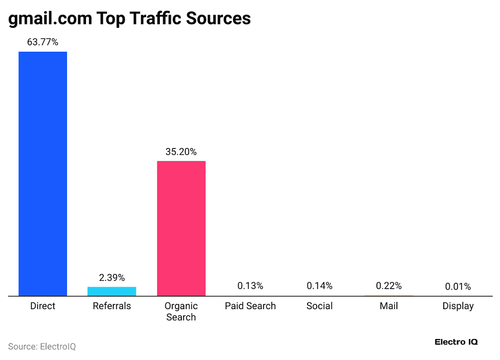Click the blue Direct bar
(x=43, y=173)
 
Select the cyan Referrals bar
(x=112, y=291)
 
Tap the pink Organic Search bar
(x=181, y=228)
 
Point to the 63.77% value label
(x=43, y=42)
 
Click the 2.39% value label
(x=112, y=277)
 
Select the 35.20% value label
(x=181, y=152)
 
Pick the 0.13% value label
(x=250, y=286)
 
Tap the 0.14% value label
(x=320, y=286)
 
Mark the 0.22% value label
(x=389, y=286)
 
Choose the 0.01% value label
(x=458, y=287)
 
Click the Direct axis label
(x=43, y=306)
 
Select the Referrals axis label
(x=112, y=306)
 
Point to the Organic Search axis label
(x=181, y=312)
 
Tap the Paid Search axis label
(x=250, y=306)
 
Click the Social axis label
(x=320, y=306)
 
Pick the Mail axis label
(x=389, y=306)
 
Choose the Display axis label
(x=458, y=306)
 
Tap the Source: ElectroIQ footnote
(x=42, y=346)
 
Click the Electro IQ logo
(x=456, y=342)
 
